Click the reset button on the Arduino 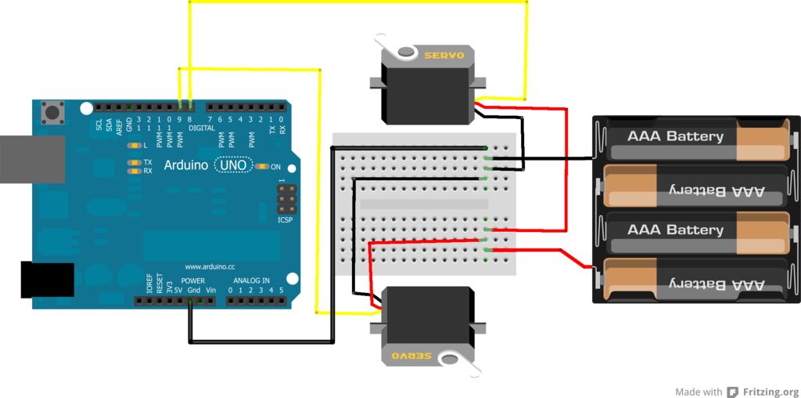(x=52, y=113)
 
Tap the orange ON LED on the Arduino (x=263, y=166)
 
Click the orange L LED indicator (x=135, y=145)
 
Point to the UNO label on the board (x=233, y=165)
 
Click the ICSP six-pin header (x=287, y=200)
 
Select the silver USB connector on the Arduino (x=32, y=159)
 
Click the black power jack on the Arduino (x=47, y=280)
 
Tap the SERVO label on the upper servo (x=444, y=55)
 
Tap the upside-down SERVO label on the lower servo (x=411, y=355)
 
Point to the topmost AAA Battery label (x=675, y=136)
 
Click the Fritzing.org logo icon (x=733, y=392)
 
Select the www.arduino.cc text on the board (x=210, y=266)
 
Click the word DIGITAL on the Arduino (x=201, y=128)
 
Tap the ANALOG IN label (x=251, y=280)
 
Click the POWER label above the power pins (x=193, y=280)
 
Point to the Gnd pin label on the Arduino (x=193, y=290)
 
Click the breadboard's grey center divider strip (x=424, y=204)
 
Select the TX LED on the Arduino (x=135, y=162)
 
